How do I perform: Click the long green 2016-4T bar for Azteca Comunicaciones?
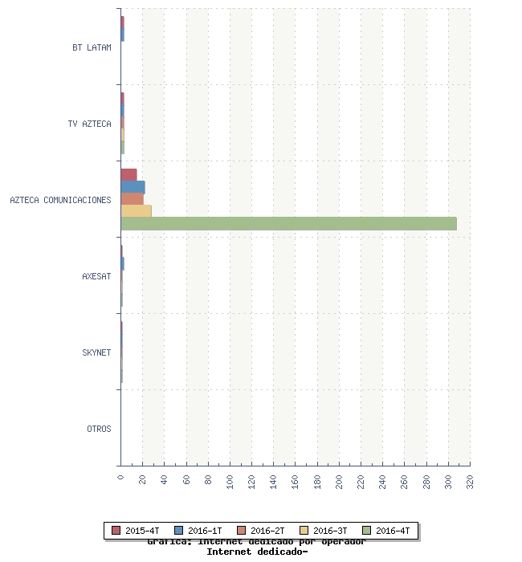(x=289, y=224)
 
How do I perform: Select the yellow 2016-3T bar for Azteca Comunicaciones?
(x=136, y=211)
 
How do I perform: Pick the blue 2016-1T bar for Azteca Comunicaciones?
(x=133, y=187)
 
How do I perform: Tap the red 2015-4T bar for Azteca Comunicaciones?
(x=128, y=175)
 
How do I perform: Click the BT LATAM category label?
(x=92, y=47)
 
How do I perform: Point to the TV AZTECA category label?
(x=89, y=124)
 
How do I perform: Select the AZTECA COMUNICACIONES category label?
(x=60, y=200)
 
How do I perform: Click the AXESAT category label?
(x=96, y=276)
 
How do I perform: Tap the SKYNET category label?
(x=96, y=352)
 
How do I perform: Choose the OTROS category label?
(x=99, y=429)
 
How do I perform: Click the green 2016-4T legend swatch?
(x=367, y=531)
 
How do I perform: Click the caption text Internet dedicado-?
(x=257, y=552)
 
